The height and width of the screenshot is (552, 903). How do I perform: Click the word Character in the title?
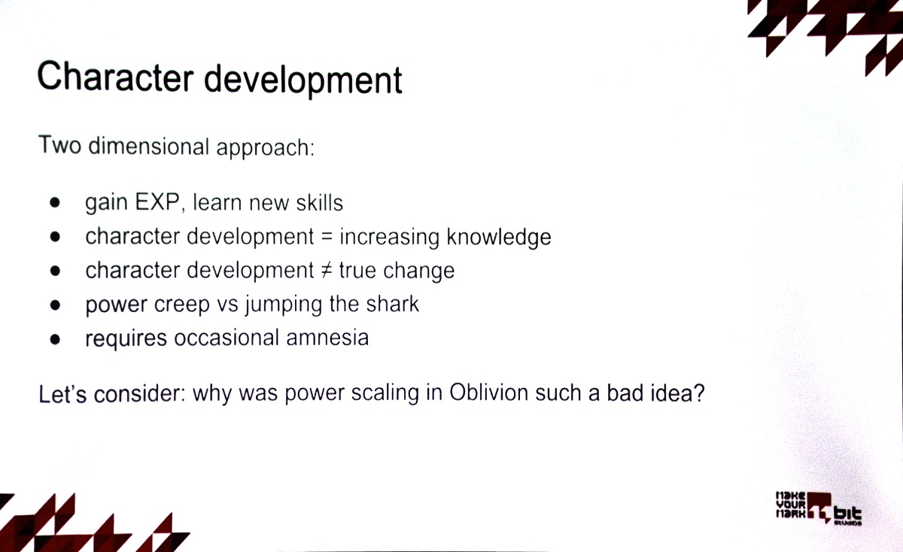pos(115,77)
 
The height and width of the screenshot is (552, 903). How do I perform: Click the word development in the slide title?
pos(303,80)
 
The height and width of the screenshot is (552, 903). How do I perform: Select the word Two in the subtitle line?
pos(59,144)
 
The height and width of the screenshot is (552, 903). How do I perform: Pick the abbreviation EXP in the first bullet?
pos(157,202)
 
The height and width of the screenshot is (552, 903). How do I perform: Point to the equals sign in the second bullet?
pos(327,236)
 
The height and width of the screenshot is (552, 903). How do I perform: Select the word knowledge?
pos(499,237)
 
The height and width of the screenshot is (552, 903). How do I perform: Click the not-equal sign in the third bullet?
pos(327,270)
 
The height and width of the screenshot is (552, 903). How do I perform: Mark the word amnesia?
pos(327,338)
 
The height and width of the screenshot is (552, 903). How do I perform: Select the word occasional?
pos(227,338)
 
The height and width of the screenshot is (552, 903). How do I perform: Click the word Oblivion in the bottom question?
pos(488,392)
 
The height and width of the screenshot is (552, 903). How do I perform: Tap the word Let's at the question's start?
pos(62,393)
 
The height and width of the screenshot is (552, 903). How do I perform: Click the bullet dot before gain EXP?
pos(55,202)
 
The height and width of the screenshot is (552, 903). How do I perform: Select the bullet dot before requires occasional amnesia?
pos(55,340)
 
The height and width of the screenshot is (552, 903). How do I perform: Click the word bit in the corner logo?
pos(847,514)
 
